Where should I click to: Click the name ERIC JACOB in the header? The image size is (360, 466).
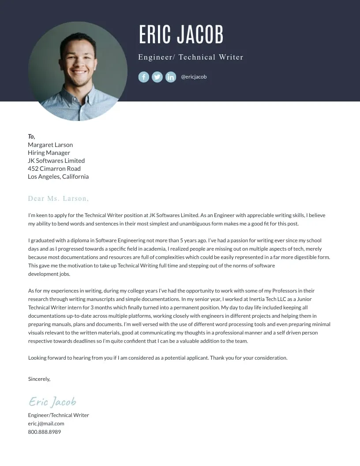pos(181,34)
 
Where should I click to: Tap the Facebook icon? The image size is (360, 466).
pos(144,77)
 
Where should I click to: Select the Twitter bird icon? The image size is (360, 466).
pos(157,77)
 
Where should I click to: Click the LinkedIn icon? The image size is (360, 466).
pos(171,77)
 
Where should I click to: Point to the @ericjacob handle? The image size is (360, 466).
pos(194,77)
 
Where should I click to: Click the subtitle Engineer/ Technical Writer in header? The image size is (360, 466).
pos(191,57)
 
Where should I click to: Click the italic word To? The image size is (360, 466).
pos(31,136)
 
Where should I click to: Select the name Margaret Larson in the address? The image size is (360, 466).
pos(50,145)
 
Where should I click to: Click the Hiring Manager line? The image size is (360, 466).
pos(49,153)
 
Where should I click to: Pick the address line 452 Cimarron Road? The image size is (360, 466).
pos(54,169)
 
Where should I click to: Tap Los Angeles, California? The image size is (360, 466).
pos(58,177)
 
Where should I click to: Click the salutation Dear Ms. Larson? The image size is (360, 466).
pos(58,199)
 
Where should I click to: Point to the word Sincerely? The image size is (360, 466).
pos(39,379)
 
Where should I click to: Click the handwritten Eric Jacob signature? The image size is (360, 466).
pos(52,401)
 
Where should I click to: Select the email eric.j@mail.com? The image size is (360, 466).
pos(46,424)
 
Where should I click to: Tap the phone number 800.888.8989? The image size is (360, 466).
pos(44,432)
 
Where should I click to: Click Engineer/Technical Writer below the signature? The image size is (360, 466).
pos(58,415)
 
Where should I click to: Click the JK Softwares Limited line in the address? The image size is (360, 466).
pos(56,161)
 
